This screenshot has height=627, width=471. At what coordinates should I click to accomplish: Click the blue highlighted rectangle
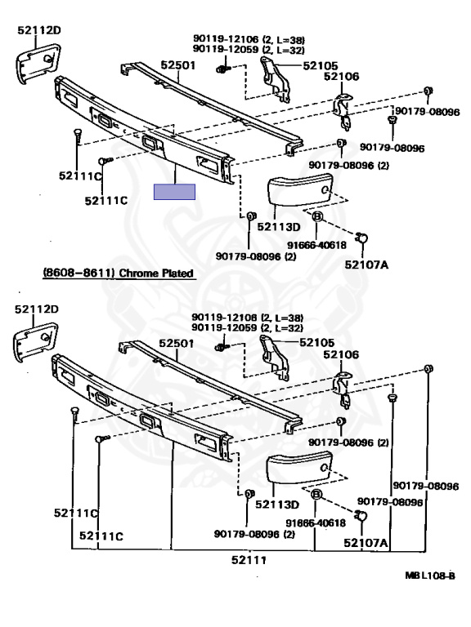click(175, 192)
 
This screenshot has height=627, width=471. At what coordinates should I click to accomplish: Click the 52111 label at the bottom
click(249, 560)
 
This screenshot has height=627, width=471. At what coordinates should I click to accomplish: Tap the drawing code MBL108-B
click(430, 576)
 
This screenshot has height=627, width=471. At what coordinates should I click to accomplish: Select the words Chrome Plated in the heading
click(157, 273)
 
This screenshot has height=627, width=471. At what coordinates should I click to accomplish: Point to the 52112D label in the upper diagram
click(39, 30)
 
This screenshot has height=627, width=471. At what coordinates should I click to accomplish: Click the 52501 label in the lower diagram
click(177, 343)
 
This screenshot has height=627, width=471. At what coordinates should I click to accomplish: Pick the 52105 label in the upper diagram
click(321, 65)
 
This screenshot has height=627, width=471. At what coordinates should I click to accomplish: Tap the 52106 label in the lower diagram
click(341, 354)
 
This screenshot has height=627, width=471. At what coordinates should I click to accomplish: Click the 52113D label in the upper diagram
click(279, 227)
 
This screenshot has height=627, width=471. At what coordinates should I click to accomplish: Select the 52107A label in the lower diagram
click(366, 543)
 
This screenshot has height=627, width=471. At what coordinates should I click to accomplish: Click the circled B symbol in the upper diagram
click(316, 216)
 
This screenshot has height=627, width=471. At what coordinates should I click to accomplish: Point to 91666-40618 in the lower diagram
click(316, 523)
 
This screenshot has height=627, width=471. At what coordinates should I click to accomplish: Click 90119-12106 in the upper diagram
click(226, 39)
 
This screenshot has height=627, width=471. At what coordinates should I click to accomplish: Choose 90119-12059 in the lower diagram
click(224, 327)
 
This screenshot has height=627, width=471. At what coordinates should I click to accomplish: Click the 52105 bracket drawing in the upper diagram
click(275, 79)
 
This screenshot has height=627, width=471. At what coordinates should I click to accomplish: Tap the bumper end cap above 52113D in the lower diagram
click(299, 468)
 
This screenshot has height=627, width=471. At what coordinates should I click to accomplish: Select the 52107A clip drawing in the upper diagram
click(361, 238)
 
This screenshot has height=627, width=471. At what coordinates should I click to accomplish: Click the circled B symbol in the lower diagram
click(316, 495)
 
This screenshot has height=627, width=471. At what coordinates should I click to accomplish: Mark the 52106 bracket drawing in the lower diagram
click(342, 389)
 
